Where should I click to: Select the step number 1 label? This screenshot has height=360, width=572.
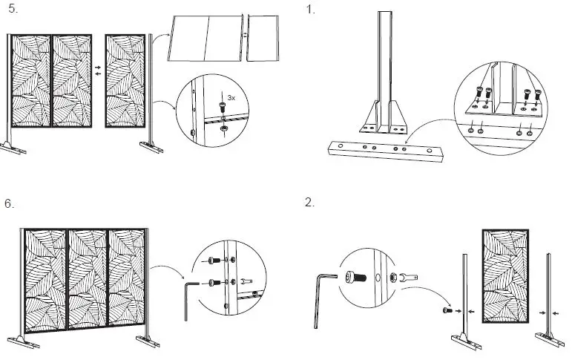pyautogui.click(x=309, y=10)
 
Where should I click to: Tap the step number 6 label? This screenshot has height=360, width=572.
pyautogui.click(x=10, y=203)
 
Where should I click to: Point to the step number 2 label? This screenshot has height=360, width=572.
pyautogui.click(x=309, y=203)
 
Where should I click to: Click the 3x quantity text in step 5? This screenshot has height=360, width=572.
pyautogui.click(x=231, y=98)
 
